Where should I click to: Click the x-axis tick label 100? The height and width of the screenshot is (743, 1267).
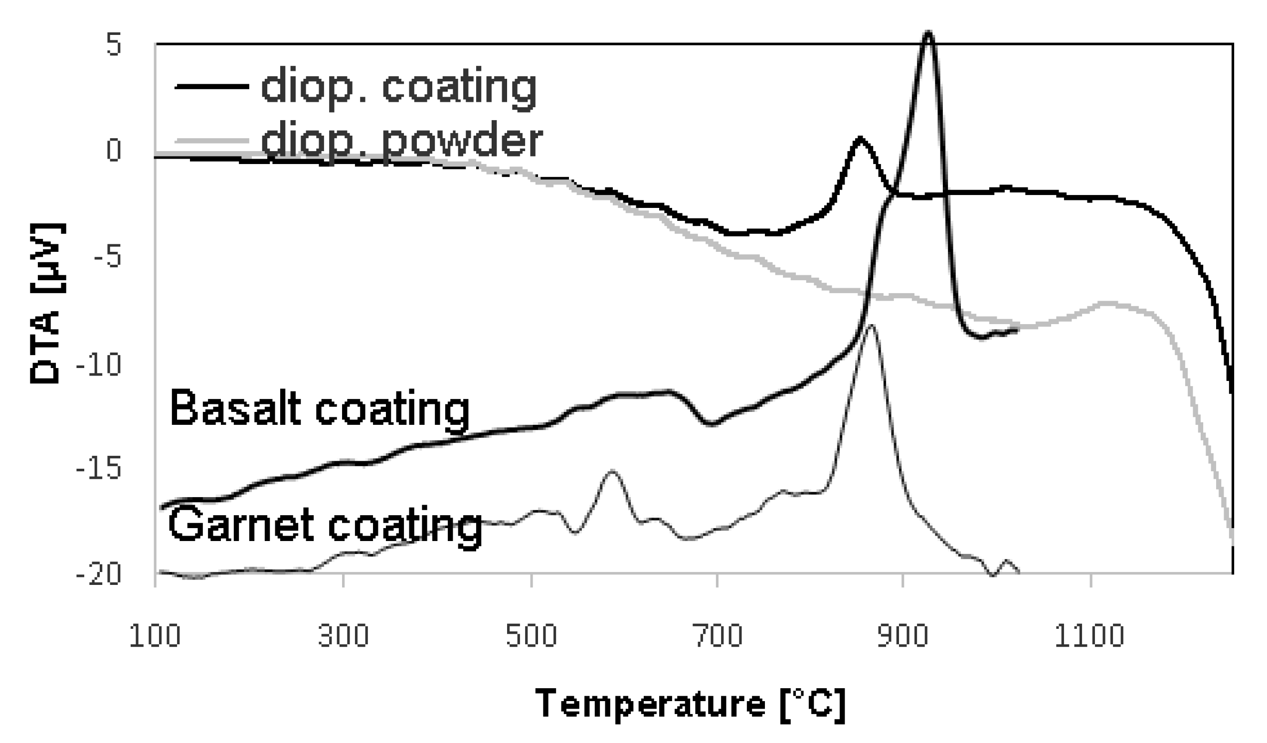point(155,636)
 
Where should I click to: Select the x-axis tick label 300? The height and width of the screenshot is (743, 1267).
point(344,636)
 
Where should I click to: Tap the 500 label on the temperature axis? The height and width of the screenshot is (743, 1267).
point(531,636)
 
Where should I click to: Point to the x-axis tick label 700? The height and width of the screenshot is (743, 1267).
point(718,636)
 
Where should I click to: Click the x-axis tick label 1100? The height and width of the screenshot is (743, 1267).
point(1089,636)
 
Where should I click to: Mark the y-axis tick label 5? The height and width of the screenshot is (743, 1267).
point(114,45)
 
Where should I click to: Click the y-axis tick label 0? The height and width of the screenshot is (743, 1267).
point(114,150)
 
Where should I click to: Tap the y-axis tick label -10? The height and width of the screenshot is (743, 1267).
point(99,366)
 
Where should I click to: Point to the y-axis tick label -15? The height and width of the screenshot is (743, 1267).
point(99,469)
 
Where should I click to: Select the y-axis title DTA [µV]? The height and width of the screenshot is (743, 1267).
point(46,304)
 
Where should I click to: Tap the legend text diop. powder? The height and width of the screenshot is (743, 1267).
point(402,140)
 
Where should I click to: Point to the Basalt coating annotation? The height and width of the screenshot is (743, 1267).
point(320,408)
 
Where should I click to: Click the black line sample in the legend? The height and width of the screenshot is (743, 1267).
point(212,87)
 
